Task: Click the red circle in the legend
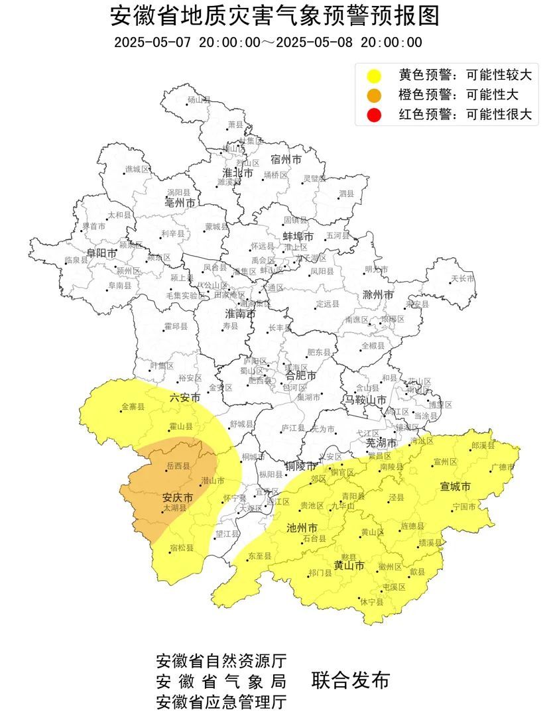pyautogui.click(x=375, y=114)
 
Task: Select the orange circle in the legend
pyautogui.click(x=375, y=94)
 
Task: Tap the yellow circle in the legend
pyautogui.click(x=375, y=75)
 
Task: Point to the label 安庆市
pyautogui.click(x=178, y=497)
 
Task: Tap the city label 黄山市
pyautogui.click(x=349, y=565)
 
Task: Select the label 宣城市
pyautogui.click(x=456, y=487)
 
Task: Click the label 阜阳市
pyautogui.click(x=102, y=253)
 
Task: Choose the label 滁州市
pyautogui.click(x=378, y=294)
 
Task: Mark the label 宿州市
pyautogui.click(x=286, y=160)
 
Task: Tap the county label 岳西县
pyautogui.click(x=178, y=466)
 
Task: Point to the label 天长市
pyautogui.click(x=463, y=278)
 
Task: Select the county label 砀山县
pyautogui.click(x=198, y=99)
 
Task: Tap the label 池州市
pyautogui.click(x=302, y=528)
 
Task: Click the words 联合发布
pyautogui.click(x=349, y=680)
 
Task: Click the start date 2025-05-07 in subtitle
pyautogui.click(x=152, y=42)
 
